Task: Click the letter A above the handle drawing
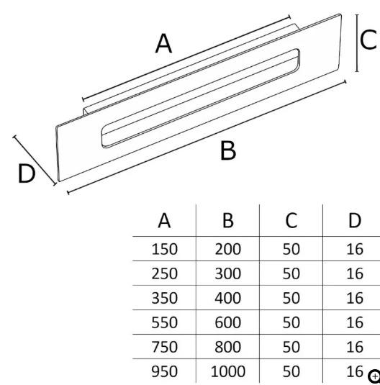tap(163, 43)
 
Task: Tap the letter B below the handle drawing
tap(228, 150)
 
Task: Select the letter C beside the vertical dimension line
tap(368, 40)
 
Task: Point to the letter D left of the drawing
tap(27, 173)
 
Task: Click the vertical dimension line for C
tap(357, 43)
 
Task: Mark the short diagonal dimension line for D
tap(35, 160)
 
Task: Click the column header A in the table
tap(164, 220)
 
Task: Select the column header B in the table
tap(227, 220)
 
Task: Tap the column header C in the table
tap(291, 220)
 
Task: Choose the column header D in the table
tap(355, 220)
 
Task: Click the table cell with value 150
tap(164, 249)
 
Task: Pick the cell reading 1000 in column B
tap(227, 371)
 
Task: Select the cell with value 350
tap(164, 298)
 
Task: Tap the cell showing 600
tap(227, 322)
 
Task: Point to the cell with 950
tap(164, 371)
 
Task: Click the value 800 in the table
tap(227, 347)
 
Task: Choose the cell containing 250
tap(164, 273)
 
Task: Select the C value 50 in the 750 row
tap(291, 347)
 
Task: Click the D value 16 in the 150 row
tap(355, 249)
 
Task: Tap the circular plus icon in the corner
tap(374, 376)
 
